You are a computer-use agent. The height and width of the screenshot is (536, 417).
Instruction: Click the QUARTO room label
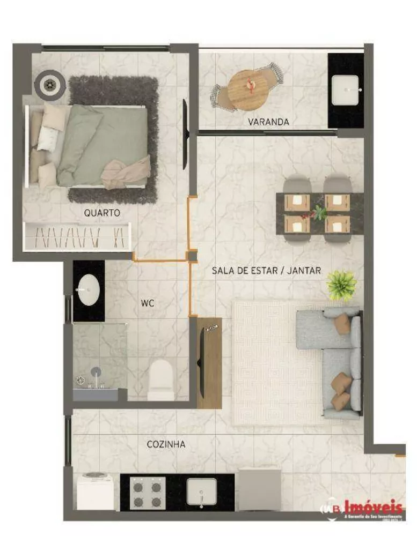coord(102,213)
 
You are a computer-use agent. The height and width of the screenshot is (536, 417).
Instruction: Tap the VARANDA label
coord(268,122)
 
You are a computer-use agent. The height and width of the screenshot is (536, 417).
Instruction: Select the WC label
coord(148,303)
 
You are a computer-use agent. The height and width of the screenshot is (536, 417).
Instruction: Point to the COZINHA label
coord(166,444)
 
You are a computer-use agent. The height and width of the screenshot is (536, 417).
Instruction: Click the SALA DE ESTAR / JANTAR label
coord(266,271)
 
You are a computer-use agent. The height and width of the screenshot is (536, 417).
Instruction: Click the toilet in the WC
coord(160,378)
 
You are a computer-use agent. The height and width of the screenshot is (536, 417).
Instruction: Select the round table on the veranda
coord(248,88)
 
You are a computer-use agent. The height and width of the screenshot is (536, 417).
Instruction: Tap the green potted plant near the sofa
coord(341,284)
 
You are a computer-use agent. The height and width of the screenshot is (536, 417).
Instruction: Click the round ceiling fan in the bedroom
coord(50,84)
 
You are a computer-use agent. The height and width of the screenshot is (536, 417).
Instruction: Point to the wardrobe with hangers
coord(78,236)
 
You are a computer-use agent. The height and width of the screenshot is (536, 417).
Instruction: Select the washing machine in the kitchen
coord(95,490)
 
